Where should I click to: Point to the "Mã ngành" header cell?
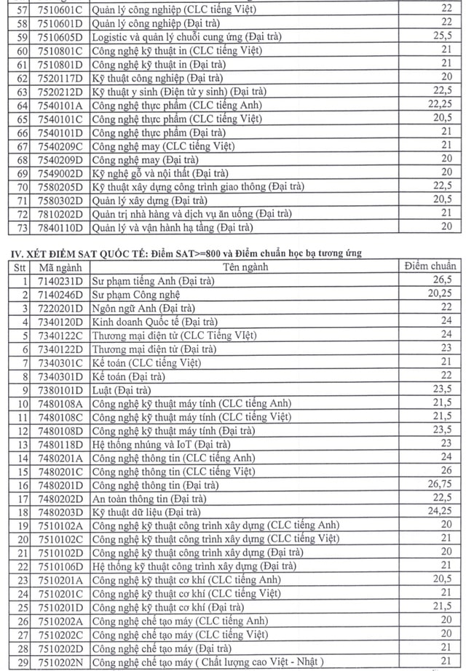[x=60, y=267]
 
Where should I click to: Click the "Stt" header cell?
[x=16, y=267]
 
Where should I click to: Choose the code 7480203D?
[x=60, y=512]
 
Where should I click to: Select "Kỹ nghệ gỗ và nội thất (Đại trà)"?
[x=160, y=173]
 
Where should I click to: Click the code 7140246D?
[x=60, y=294]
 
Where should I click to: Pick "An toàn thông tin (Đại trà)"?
[x=149, y=499]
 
